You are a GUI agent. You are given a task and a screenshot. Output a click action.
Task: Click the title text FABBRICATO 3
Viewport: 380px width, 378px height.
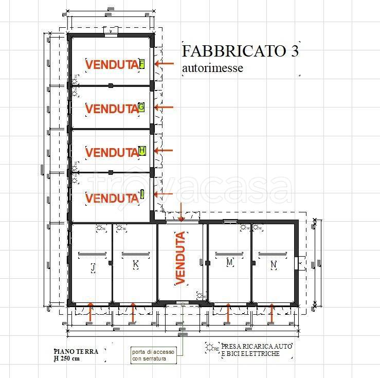[240, 51]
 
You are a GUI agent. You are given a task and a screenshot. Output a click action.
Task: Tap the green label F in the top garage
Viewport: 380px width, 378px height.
[142, 64]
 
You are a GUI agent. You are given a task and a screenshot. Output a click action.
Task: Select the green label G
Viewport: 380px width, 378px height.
[141, 107]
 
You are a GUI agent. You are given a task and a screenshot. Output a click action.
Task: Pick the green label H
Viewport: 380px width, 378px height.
[142, 151]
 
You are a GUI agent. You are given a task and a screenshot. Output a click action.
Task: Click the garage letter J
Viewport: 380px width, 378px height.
[93, 268]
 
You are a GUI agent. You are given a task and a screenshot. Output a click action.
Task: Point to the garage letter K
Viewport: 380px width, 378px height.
[136, 264]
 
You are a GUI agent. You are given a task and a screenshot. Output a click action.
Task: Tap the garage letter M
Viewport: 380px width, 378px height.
[230, 263]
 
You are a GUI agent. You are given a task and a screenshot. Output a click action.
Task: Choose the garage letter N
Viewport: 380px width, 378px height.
[273, 265]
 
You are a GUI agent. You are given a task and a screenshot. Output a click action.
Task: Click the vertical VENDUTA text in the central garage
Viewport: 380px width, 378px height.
[180, 258]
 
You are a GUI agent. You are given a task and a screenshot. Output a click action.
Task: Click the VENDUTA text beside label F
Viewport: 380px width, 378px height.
[112, 65]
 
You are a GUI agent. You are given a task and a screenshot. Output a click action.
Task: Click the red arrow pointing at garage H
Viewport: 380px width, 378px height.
[165, 150]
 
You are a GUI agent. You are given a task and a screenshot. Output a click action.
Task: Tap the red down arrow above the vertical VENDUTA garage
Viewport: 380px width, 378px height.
[181, 212]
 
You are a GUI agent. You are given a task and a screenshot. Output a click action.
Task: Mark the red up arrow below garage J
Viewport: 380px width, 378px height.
[91, 312]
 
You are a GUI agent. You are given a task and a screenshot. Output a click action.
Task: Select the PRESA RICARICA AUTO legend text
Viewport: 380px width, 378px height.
[256, 347]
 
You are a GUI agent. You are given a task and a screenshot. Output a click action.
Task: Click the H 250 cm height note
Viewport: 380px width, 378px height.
[67, 358]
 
